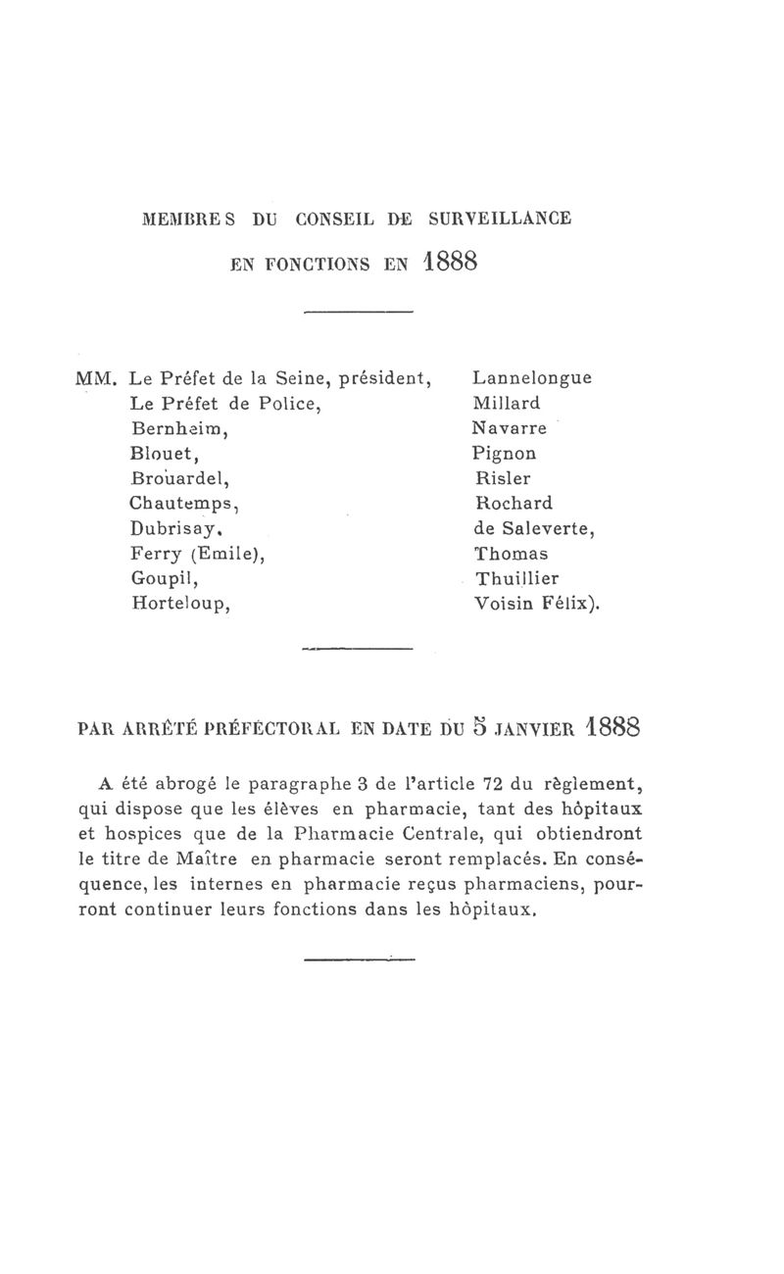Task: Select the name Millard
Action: pyautogui.click(x=506, y=403)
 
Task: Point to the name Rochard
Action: pyautogui.click(x=513, y=504)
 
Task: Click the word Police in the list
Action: pyautogui.click(x=289, y=403)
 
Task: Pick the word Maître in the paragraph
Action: pyautogui.click(x=214, y=859)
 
